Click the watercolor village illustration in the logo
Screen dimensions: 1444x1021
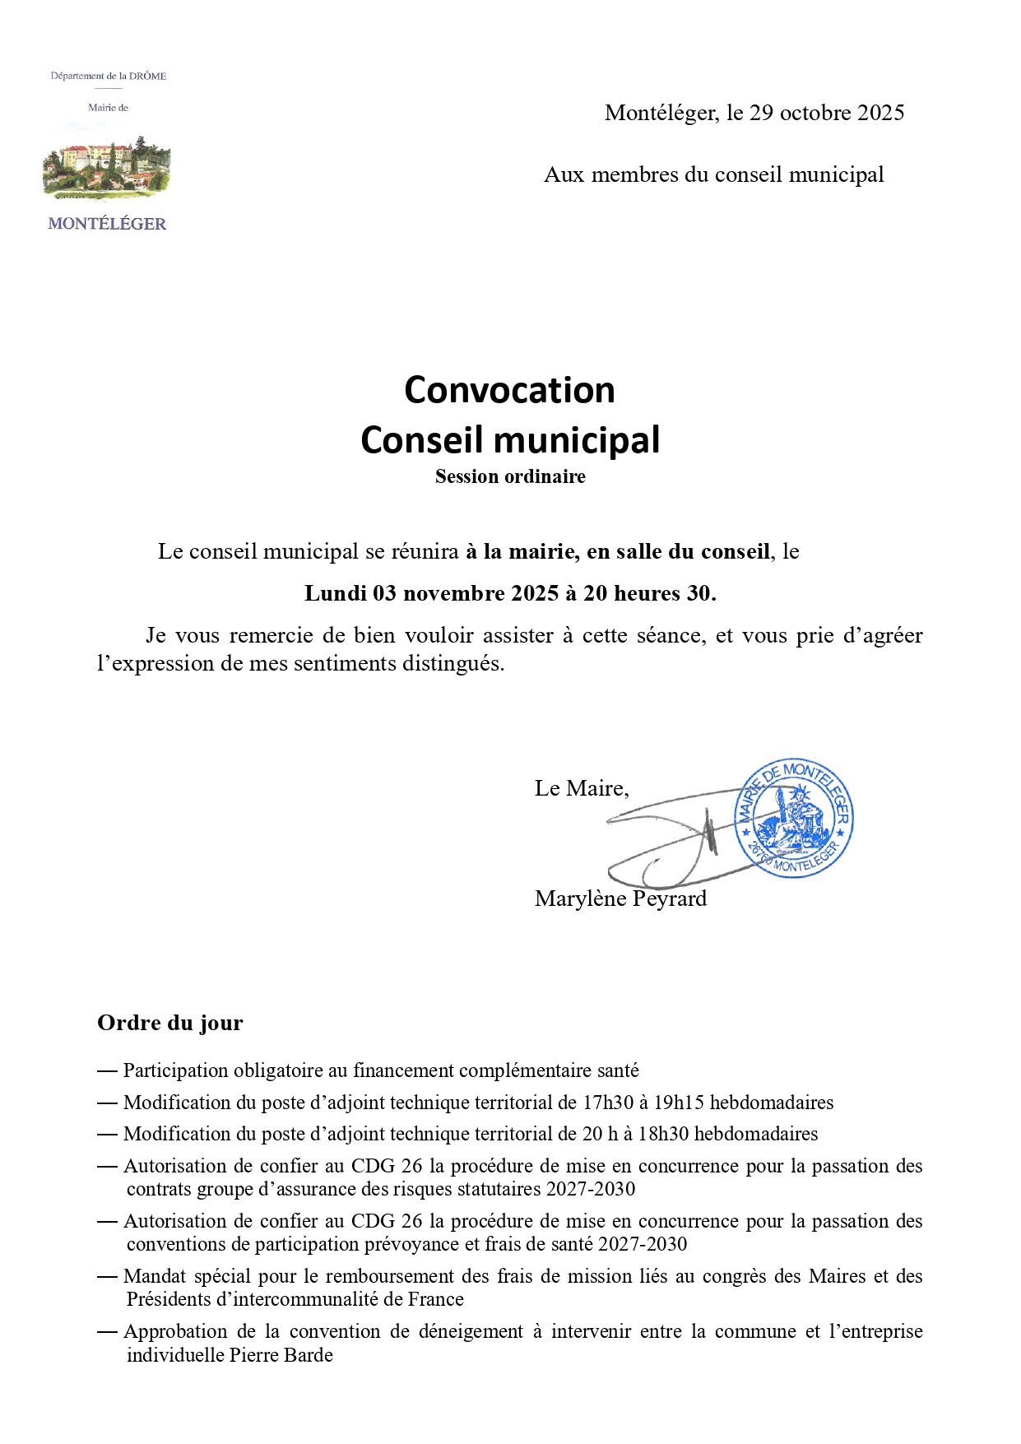click(107, 169)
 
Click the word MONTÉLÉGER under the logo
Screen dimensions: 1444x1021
click(107, 224)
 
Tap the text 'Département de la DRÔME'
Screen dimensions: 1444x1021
click(109, 76)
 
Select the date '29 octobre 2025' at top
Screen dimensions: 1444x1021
click(826, 113)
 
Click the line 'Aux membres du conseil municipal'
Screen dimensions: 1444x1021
click(713, 174)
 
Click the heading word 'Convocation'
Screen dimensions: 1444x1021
click(509, 390)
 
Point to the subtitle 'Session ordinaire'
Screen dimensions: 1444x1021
click(510, 477)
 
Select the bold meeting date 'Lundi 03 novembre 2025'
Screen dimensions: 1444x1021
click(431, 593)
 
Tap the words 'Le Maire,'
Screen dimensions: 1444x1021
click(582, 788)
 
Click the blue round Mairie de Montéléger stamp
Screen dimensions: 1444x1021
click(794, 819)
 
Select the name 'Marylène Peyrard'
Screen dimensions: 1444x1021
click(620, 898)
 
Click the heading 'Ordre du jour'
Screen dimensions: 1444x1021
click(170, 1023)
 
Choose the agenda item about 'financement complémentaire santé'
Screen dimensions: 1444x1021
click(380, 1070)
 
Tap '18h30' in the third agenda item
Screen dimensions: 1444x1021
click(663, 1134)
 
